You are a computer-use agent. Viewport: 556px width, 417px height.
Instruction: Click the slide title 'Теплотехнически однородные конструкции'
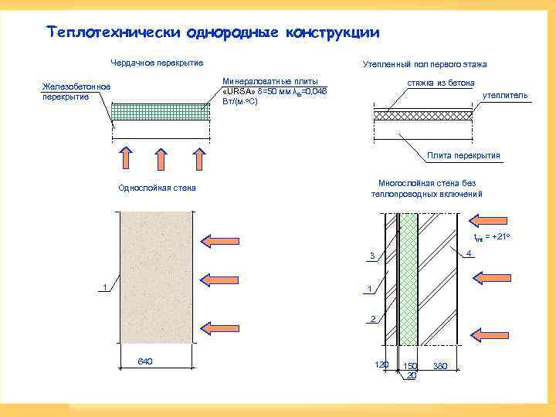pos(213,32)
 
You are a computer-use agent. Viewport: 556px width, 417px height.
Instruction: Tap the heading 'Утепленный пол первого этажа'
pos(425,64)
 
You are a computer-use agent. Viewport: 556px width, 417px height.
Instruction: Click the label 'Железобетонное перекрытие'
pos(76,90)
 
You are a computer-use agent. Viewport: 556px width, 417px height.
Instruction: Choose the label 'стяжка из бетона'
pos(441,83)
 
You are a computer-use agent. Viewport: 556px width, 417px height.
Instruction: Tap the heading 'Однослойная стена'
pos(157,188)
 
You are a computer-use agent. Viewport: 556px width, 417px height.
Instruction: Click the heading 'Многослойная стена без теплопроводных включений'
pos(427,188)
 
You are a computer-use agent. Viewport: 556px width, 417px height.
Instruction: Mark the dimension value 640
pos(144,361)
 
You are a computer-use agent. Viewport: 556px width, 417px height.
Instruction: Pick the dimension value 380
pos(441,365)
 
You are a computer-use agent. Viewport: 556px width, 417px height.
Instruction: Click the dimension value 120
pos(381,364)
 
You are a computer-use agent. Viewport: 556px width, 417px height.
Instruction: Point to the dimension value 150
pos(410,365)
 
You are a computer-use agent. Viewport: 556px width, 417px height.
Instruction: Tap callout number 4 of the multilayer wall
pos(470,253)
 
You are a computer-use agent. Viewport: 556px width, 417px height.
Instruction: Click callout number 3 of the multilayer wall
pos(371,256)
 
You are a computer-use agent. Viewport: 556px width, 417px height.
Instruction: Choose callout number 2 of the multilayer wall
pos(372,318)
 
